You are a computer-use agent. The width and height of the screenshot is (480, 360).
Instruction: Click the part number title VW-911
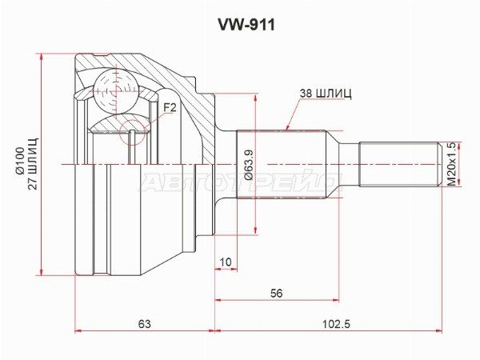coord(246,25)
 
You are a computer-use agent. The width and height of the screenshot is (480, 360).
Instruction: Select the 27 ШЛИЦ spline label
coord(33,164)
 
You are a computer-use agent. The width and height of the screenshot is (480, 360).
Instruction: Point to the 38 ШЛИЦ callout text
coord(326,94)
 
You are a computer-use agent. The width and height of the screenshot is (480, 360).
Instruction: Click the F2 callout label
coord(170,107)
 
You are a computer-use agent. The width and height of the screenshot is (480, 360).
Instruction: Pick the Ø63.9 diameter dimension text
coord(249,165)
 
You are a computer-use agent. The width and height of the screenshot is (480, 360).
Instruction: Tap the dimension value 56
coord(277,294)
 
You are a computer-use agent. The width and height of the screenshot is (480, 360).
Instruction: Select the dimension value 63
coord(145,323)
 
